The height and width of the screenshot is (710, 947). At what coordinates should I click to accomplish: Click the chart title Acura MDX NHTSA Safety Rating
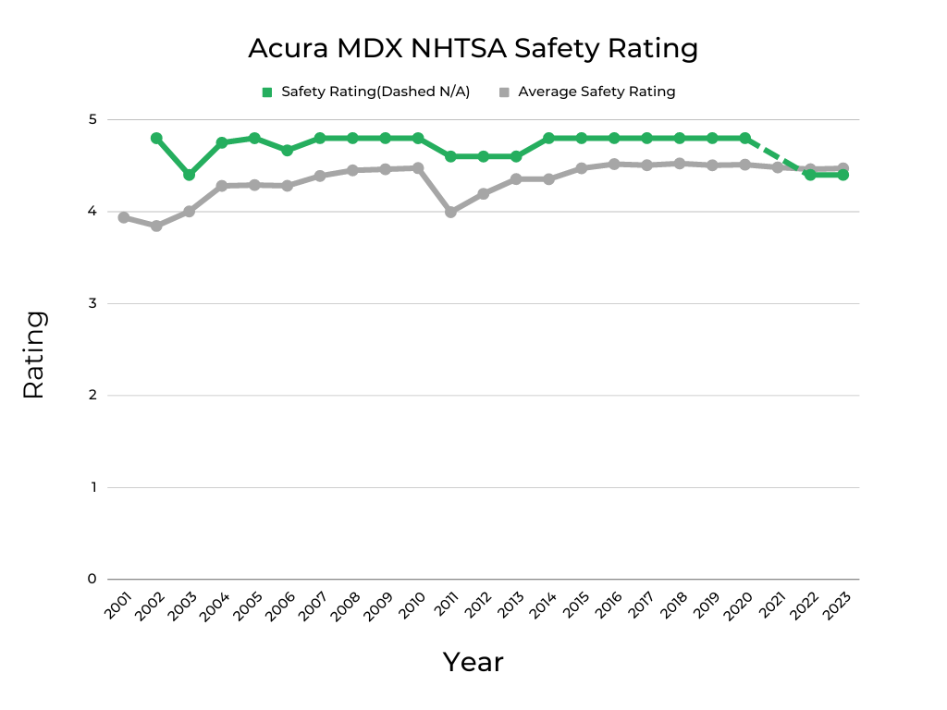473,48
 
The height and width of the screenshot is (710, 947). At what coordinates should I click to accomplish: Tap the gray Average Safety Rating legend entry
588,92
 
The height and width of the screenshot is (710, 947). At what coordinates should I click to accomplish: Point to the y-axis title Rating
33,354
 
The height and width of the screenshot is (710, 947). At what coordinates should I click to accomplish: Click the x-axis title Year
473,662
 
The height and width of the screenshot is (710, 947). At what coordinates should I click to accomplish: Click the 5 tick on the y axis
92,119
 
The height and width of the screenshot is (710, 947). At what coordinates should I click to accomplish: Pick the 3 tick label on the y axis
92,303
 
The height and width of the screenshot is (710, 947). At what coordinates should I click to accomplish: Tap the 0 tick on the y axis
92,579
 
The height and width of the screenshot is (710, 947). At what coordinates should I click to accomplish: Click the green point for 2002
156,138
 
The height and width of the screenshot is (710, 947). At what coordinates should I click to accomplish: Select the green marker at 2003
189,175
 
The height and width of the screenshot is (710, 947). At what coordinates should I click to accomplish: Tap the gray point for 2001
123,217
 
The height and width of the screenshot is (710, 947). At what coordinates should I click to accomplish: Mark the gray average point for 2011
450,212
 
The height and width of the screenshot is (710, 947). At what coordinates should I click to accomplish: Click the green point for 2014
548,138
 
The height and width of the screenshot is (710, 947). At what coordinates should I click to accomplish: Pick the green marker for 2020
744,138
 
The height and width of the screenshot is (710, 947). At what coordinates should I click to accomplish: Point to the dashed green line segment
777,156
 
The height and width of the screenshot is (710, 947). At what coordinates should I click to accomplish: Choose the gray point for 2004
222,186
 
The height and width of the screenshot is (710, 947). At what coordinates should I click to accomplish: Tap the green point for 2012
483,156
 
